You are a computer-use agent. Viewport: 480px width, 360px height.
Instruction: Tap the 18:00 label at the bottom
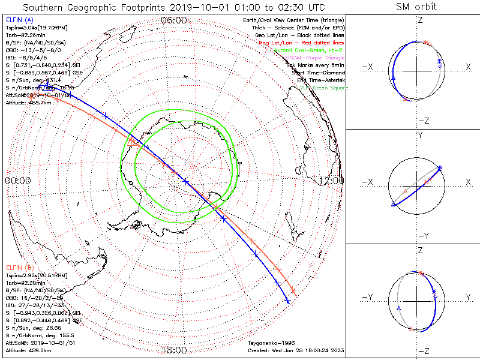point(174,350)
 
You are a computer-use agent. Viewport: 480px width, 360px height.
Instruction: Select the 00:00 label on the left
point(18,180)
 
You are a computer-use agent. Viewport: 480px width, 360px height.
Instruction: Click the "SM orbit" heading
point(416,7)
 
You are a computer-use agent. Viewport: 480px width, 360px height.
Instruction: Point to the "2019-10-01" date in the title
point(199,7)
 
